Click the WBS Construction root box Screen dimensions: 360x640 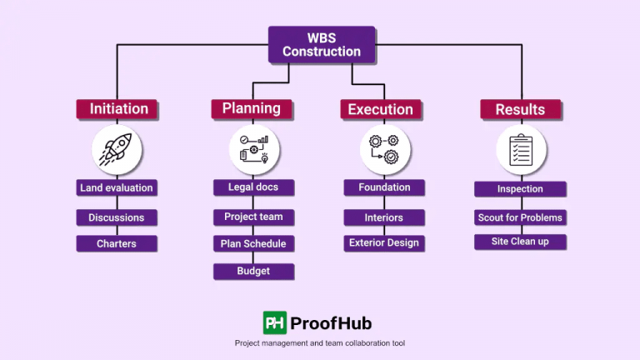pyautogui.click(x=321, y=44)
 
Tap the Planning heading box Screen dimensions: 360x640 pyautogui.click(x=252, y=108)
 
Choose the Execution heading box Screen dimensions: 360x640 pyautogui.click(x=380, y=109)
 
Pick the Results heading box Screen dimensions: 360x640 pyautogui.click(x=520, y=109)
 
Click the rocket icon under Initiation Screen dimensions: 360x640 pyautogui.click(x=117, y=150)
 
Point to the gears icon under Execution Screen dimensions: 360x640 pyautogui.click(x=384, y=150)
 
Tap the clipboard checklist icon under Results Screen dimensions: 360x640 pyautogui.click(x=522, y=150)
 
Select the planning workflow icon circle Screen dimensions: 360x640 pyautogui.click(x=253, y=150)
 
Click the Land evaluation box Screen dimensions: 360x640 pyautogui.click(x=117, y=188)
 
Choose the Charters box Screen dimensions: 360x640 pyautogui.click(x=117, y=244)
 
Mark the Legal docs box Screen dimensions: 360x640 pyautogui.click(x=253, y=187)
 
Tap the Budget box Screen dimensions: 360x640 pyautogui.click(x=253, y=271)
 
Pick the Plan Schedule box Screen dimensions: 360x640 pyautogui.click(x=253, y=243)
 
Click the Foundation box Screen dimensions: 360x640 pyautogui.click(x=384, y=187)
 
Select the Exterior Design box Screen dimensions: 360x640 pyautogui.click(x=384, y=243)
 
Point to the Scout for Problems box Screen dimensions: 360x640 pyautogui.click(x=520, y=217)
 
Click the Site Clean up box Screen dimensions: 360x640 pyautogui.click(x=520, y=242)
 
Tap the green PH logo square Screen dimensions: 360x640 pyautogui.click(x=275, y=322)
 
